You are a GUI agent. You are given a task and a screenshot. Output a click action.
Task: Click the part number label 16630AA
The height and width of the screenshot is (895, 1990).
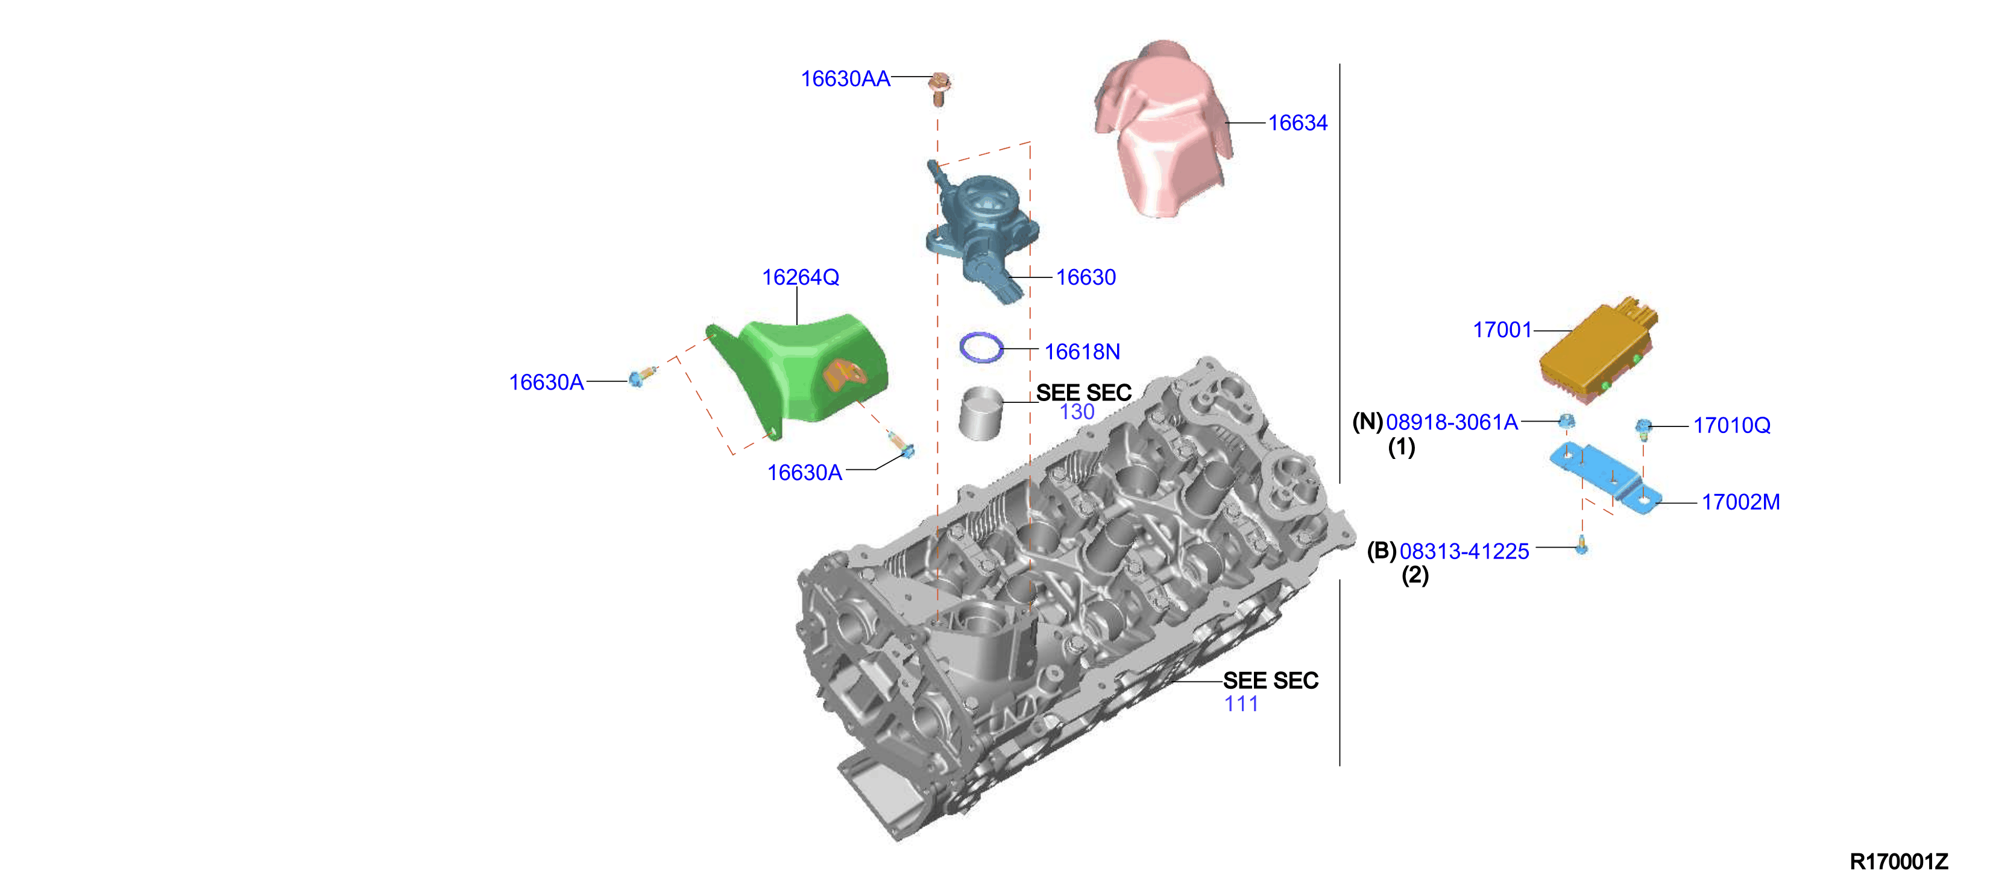tap(845, 79)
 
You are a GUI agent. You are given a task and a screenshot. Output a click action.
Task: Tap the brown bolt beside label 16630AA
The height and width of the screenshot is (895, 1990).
tap(939, 88)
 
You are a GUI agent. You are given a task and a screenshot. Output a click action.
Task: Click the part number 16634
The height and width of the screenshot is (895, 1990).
tap(1297, 123)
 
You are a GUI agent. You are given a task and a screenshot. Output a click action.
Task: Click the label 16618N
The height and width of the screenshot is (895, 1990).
tap(1082, 352)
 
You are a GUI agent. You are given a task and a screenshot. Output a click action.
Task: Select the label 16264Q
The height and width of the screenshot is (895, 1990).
tap(801, 277)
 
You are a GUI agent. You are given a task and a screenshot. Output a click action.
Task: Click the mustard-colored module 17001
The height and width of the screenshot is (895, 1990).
tap(1598, 352)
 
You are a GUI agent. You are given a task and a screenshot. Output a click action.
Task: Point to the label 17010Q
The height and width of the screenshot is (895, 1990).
tap(1731, 425)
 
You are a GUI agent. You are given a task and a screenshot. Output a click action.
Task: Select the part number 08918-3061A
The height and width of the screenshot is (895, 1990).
tap(1452, 422)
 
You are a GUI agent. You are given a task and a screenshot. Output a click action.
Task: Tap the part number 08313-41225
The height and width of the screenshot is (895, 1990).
tap(1464, 551)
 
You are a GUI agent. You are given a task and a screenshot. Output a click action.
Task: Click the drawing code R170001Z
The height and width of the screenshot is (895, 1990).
tap(1898, 862)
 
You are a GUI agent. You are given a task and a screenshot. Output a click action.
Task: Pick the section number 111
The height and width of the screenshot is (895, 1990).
tap(1241, 703)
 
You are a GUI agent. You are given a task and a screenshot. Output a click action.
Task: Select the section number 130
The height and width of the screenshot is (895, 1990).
tap(1077, 411)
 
